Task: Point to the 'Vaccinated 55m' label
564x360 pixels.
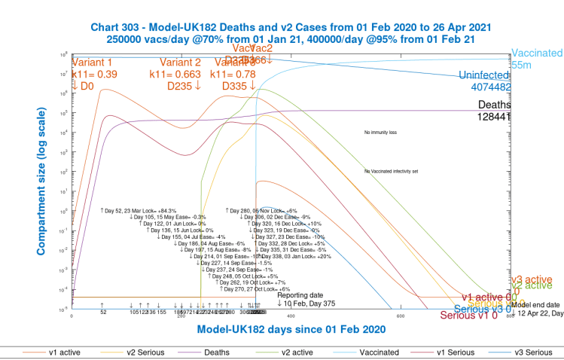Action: point(537,59)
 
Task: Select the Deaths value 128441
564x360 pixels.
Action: point(494,116)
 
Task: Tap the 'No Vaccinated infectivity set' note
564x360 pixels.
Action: point(401,172)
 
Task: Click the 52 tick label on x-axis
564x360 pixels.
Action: point(102,312)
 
